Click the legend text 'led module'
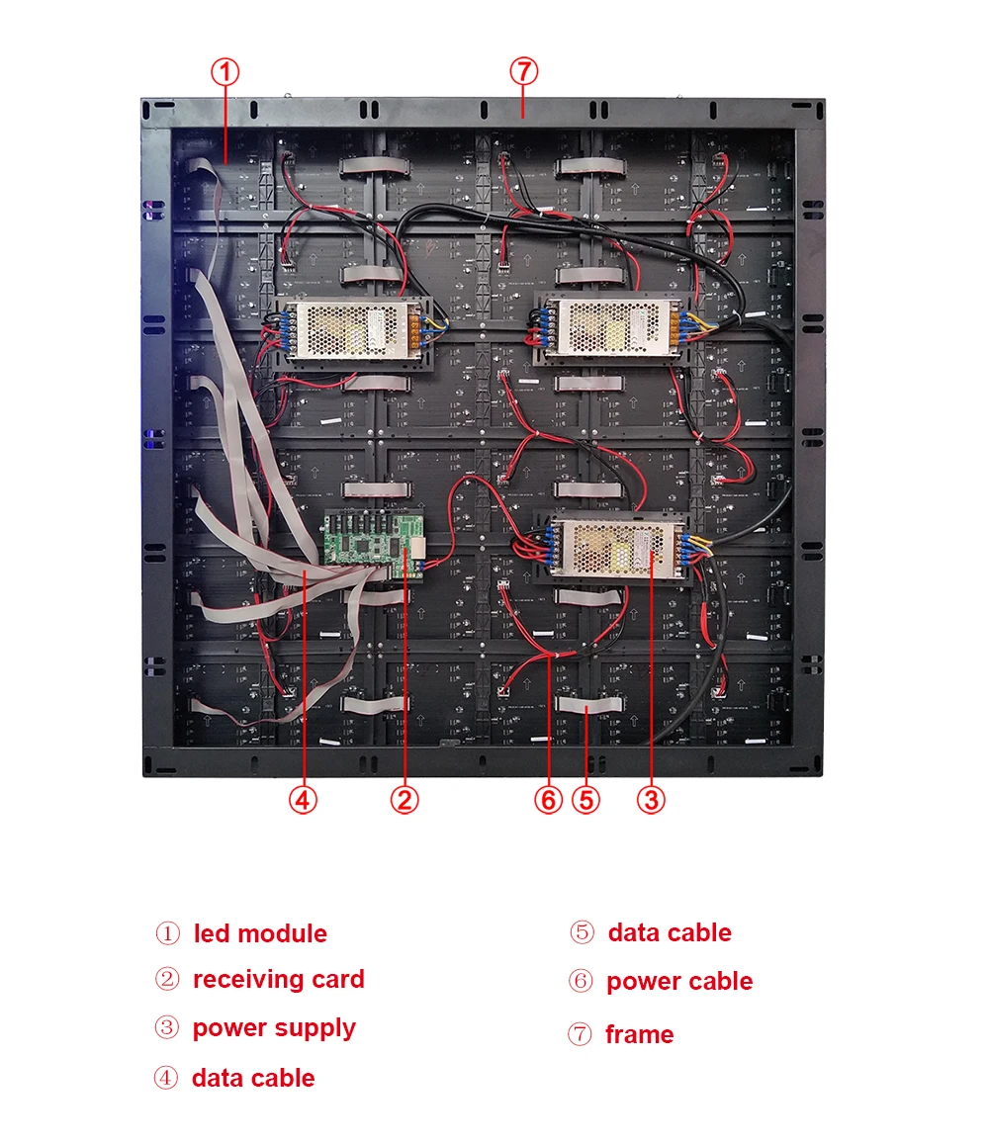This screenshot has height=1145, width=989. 260,933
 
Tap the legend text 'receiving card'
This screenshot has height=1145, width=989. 278,980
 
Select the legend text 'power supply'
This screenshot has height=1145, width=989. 274,1028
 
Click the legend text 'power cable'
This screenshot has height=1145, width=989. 679,982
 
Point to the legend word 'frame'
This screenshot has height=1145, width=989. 639,1035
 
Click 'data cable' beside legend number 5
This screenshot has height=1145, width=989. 670,933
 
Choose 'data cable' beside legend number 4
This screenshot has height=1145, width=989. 253,1078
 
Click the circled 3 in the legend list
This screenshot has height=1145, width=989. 167,1028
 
